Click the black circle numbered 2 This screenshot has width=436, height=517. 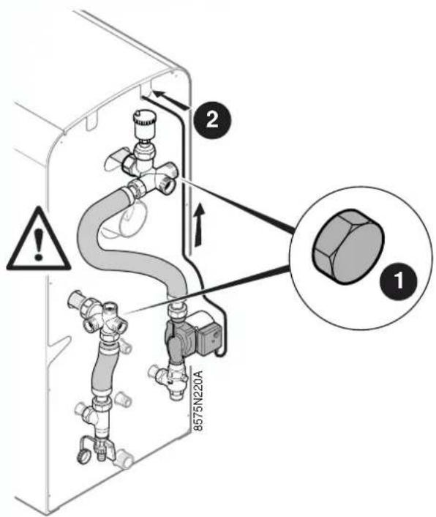pos(212,119)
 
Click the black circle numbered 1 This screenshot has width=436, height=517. pos(399,281)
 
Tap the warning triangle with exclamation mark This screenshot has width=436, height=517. pos(38,238)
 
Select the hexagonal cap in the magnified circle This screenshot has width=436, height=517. pos(347,246)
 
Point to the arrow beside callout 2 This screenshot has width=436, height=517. pos(171,100)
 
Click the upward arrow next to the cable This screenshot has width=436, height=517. pos(199,224)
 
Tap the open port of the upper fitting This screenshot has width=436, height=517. pos(170,187)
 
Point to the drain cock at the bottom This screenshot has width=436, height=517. pos(97,447)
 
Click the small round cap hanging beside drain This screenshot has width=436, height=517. pos(83,458)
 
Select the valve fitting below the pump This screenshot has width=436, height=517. pos(171,376)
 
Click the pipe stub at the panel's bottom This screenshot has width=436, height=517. pos(124,458)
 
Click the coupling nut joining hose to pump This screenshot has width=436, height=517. pos(178,311)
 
